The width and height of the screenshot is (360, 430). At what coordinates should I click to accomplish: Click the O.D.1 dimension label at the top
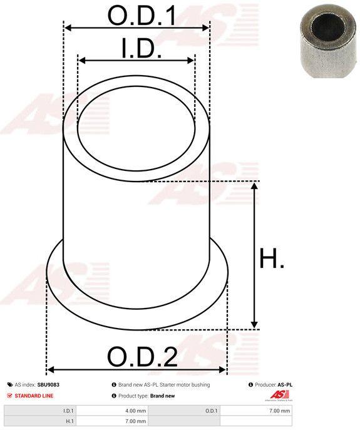pyautogui.click(x=141, y=15)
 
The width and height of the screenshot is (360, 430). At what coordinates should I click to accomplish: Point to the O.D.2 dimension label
pyautogui.click(x=142, y=357)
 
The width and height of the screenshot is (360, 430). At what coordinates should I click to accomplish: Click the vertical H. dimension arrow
pyautogui.click(x=254, y=255)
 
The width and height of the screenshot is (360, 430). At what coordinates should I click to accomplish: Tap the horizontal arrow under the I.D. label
pyautogui.click(x=136, y=61)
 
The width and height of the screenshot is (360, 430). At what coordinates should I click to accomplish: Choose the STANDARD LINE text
pyautogui.click(x=34, y=396)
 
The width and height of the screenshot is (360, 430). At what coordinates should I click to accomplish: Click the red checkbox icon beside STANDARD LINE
pyautogui.click(x=10, y=396)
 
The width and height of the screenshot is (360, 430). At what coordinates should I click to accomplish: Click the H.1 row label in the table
pyautogui.click(x=68, y=422)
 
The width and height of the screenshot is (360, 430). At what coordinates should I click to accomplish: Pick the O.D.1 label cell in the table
pyautogui.click(x=212, y=411)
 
